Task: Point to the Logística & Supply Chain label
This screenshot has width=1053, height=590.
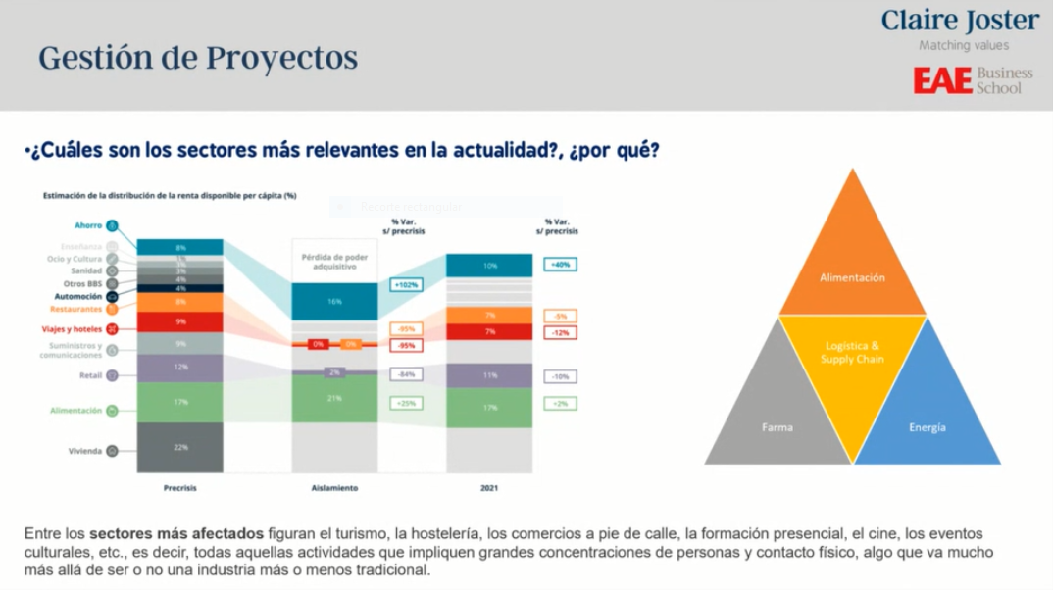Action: [852, 353]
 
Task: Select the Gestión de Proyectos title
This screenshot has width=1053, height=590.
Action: [198, 58]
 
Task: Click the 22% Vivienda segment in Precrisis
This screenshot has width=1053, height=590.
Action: [180, 448]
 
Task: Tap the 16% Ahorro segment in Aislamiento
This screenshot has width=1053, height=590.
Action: [334, 302]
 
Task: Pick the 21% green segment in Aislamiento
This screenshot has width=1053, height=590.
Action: [334, 398]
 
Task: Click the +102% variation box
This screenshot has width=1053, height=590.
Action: [405, 284]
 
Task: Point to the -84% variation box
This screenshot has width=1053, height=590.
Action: [405, 374]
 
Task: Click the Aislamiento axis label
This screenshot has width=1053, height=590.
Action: [334, 487]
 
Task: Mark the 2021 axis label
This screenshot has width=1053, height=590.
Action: [489, 487]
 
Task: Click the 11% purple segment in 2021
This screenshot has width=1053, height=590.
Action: [489, 375]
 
